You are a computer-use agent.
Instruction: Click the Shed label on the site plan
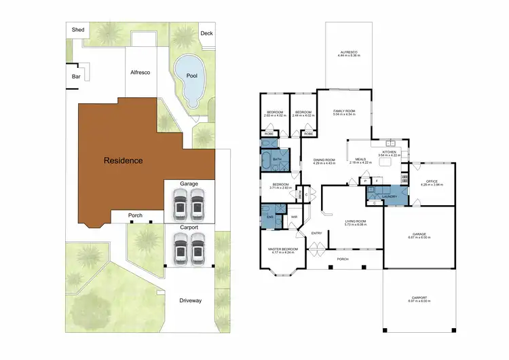click(x=78, y=30)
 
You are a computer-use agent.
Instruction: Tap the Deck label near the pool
click(x=206, y=33)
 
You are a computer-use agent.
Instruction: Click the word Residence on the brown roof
click(x=123, y=161)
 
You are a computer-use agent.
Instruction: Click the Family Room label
click(x=345, y=111)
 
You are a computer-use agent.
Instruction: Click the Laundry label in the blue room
click(x=389, y=197)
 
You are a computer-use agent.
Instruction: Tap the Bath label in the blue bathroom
click(x=277, y=159)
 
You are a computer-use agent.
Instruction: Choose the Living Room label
click(x=356, y=221)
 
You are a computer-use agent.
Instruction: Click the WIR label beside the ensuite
click(x=294, y=217)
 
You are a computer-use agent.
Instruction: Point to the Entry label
click(x=316, y=234)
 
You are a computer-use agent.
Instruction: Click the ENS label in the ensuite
click(x=269, y=217)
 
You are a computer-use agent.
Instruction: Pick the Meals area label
click(x=360, y=160)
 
